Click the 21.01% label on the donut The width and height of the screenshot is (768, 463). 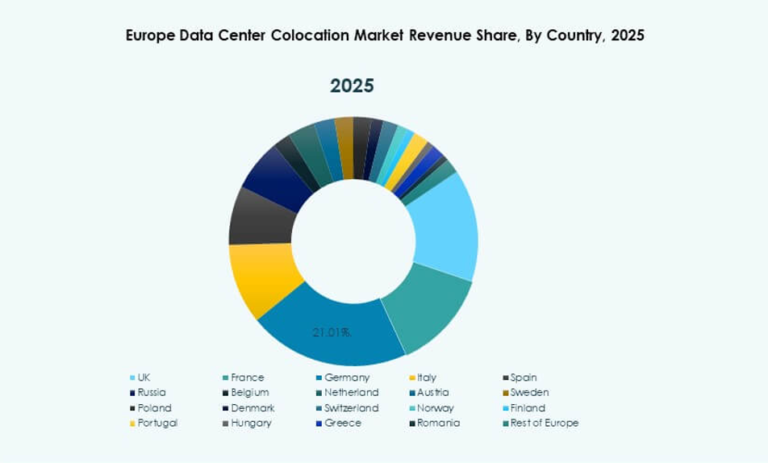[x=332, y=332]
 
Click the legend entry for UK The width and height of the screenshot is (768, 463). [x=144, y=377]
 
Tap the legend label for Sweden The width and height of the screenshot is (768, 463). [x=529, y=393]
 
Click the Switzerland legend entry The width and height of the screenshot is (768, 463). [x=351, y=408]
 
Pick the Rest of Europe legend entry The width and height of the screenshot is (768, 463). [x=544, y=423]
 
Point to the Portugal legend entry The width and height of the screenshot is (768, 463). [x=157, y=423]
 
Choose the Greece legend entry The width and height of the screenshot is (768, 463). [x=343, y=423]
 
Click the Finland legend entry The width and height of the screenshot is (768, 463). [x=528, y=408]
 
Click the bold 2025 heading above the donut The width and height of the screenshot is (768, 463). [x=352, y=86]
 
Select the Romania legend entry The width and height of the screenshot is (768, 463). [x=438, y=423]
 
